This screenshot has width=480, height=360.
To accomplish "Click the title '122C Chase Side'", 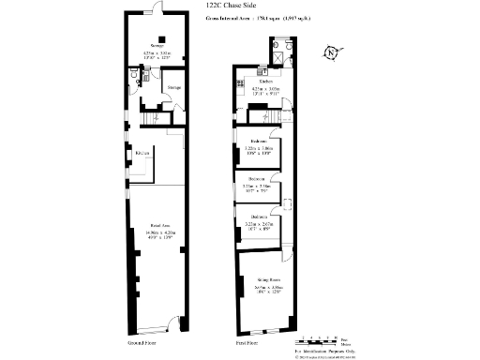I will (x=230, y=7).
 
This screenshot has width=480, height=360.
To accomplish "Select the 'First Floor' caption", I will (x=247, y=344).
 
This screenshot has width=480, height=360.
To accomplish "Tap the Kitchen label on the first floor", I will (x=253, y=82).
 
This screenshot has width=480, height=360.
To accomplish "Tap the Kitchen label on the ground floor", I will (x=142, y=153).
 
